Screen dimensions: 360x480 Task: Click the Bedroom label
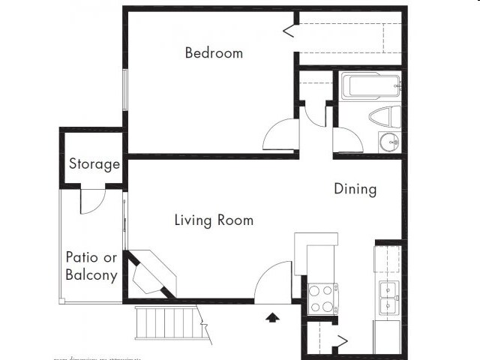214,53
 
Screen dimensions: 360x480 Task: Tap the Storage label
94,164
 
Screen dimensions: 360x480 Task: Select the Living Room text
214,220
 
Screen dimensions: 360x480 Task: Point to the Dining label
355,189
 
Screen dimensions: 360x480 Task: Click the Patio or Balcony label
91,265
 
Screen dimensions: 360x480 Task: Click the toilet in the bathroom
385,118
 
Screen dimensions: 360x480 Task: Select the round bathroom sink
389,141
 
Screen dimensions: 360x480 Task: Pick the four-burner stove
322,298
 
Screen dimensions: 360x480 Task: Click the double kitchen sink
388,298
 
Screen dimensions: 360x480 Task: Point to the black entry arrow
272,317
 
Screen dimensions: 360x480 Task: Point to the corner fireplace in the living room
153,274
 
